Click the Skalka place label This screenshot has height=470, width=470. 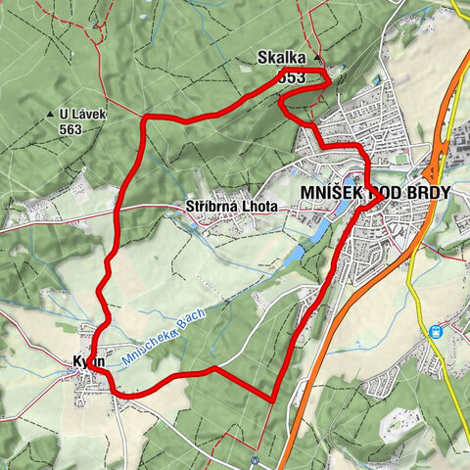(281, 58)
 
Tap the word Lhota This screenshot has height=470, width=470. (259, 207)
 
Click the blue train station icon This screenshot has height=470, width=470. (433, 331)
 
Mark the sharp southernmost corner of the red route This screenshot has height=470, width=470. (271, 399)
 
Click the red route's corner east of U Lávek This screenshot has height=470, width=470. (146, 117)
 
